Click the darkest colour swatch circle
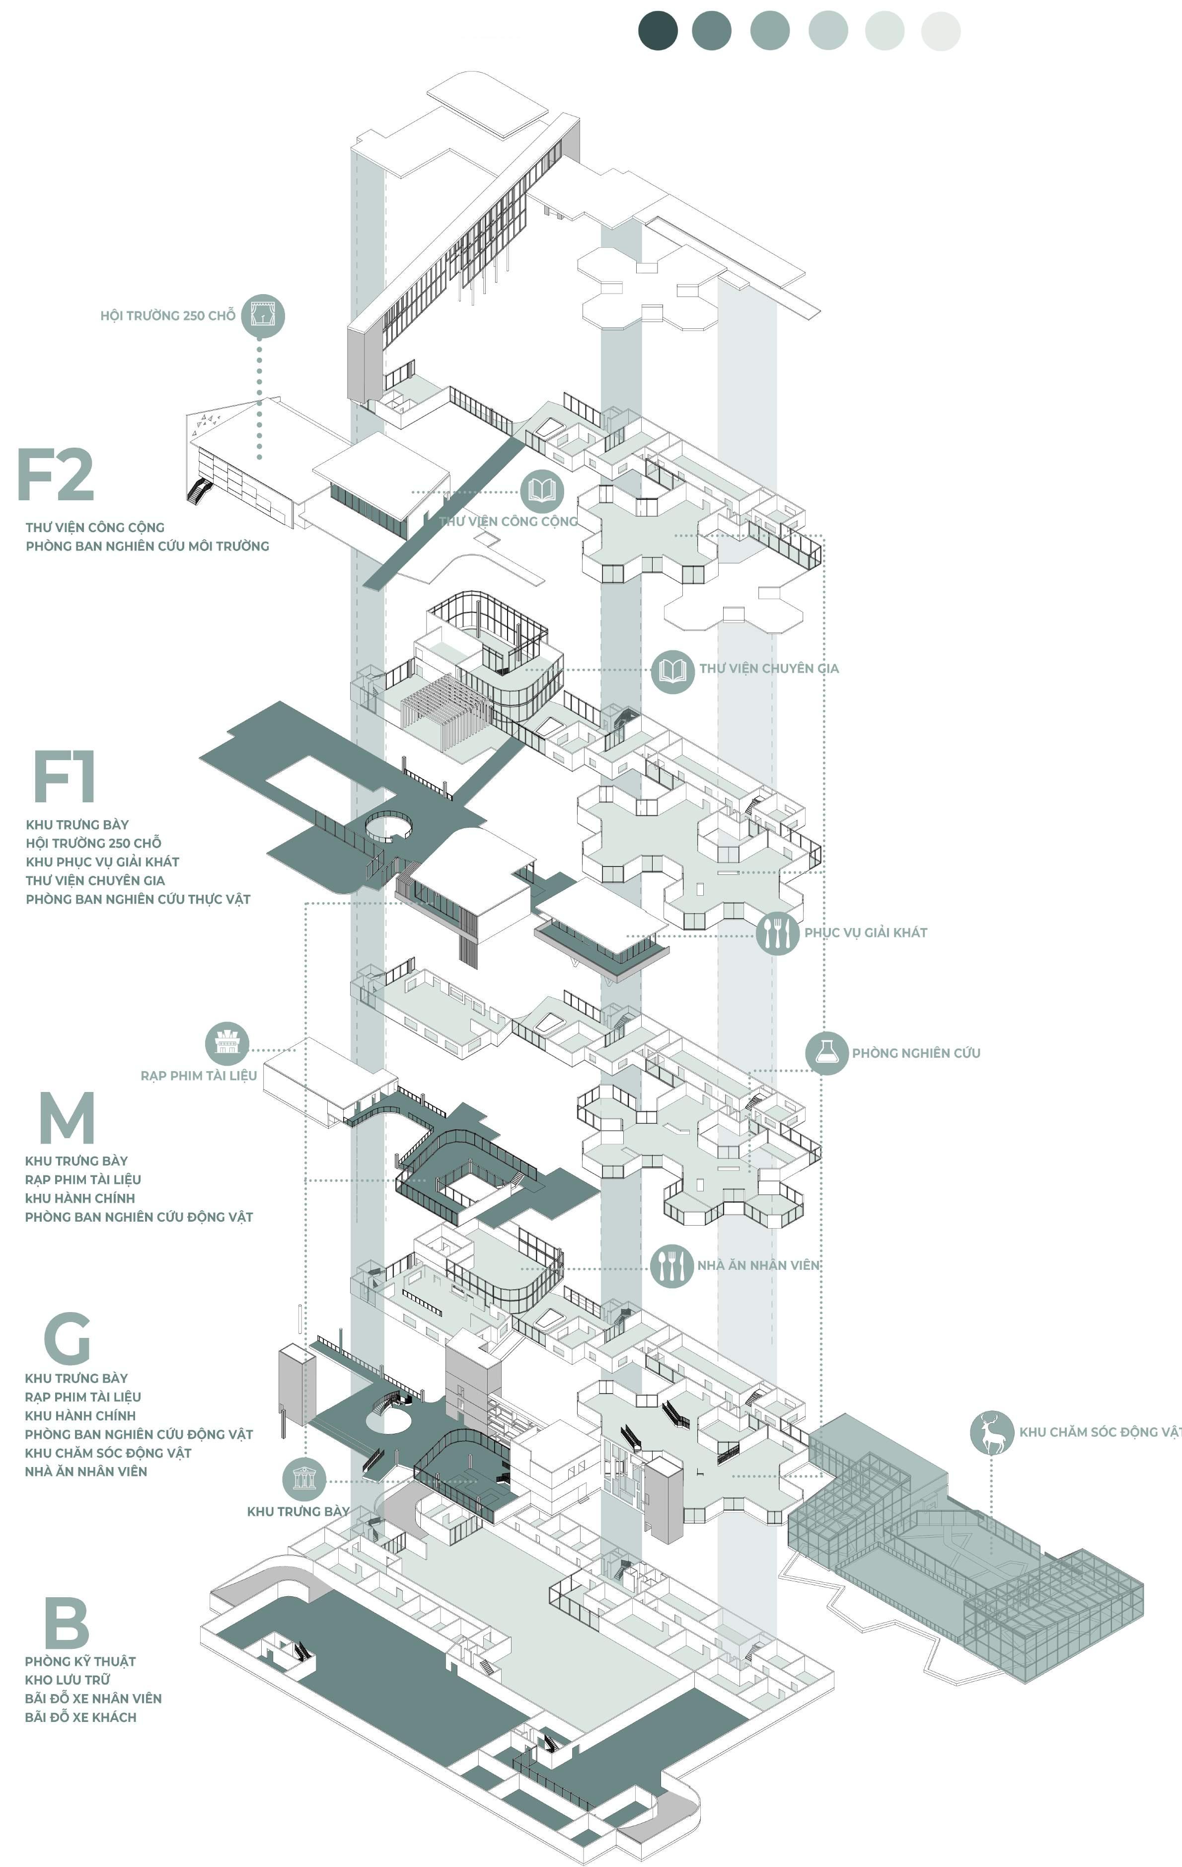(x=657, y=31)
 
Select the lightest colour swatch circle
(x=940, y=31)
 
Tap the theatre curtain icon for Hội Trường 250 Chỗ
(x=263, y=315)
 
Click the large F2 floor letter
(x=56, y=474)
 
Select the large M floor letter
(x=67, y=1117)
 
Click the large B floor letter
(x=67, y=1622)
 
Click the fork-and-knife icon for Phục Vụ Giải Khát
(x=777, y=933)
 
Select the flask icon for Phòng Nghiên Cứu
(x=826, y=1053)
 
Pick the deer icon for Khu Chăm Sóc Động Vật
(x=991, y=1432)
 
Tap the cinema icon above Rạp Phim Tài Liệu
(x=226, y=1043)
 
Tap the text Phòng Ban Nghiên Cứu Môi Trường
(x=148, y=546)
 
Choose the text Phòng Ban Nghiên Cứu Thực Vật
(x=138, y=899)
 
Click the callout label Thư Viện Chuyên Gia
(x=769, y=668)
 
